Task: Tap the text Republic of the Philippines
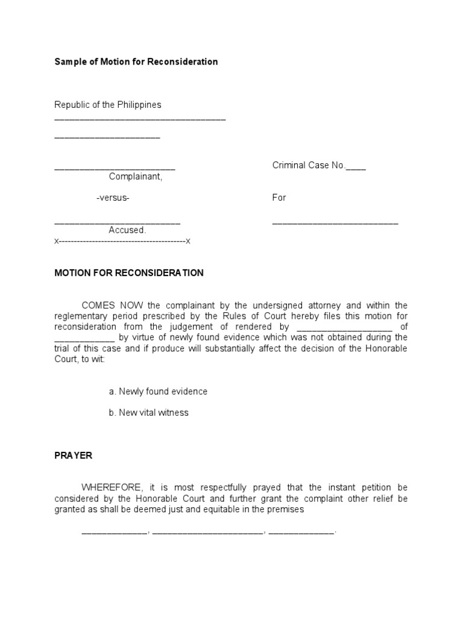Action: pos(108,105)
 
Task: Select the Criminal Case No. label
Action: pos(308,166)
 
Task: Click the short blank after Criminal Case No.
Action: pos(356,168)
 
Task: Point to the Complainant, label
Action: pos(136,177)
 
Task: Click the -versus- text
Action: pos(113,198)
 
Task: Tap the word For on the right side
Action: pos(279,198)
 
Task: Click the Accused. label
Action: pos(127,230)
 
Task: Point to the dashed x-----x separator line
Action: pos(122,241)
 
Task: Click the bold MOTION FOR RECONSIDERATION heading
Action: pos(129,273)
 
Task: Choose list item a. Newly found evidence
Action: pos(158,392)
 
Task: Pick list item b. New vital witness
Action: pos(149,413)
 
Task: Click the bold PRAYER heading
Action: pos(74,456)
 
